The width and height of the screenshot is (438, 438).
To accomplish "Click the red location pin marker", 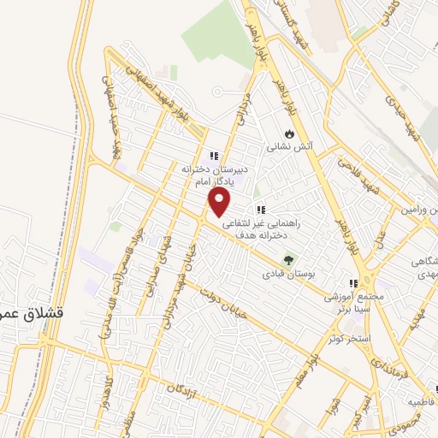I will pos(221,202).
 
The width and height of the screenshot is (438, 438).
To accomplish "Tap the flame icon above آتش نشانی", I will pos(290,134).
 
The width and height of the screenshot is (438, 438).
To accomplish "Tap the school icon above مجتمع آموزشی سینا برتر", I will pos(351,283).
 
